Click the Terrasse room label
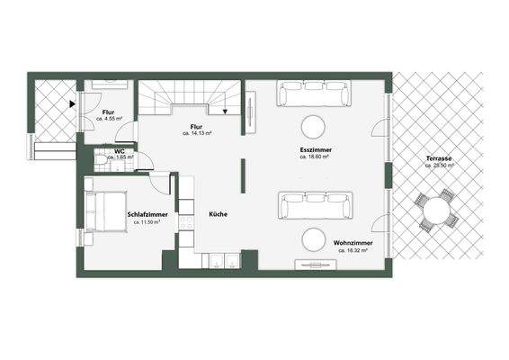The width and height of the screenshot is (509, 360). pos(440,159)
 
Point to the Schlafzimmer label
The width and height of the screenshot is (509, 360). pos(146,215)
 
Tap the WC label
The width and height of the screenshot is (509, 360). pos(119,150)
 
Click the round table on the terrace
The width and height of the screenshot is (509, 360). pos(438,212)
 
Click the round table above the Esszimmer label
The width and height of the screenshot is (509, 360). pos(315,125)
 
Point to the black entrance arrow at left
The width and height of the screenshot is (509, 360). pos(71,104)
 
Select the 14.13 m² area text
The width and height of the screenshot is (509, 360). pos(197,133)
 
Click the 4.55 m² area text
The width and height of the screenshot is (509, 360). pos(109,119)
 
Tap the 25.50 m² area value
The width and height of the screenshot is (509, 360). pos(440,166)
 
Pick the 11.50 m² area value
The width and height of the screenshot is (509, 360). pos(146,222)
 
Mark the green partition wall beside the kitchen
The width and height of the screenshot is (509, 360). pos(241,175)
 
